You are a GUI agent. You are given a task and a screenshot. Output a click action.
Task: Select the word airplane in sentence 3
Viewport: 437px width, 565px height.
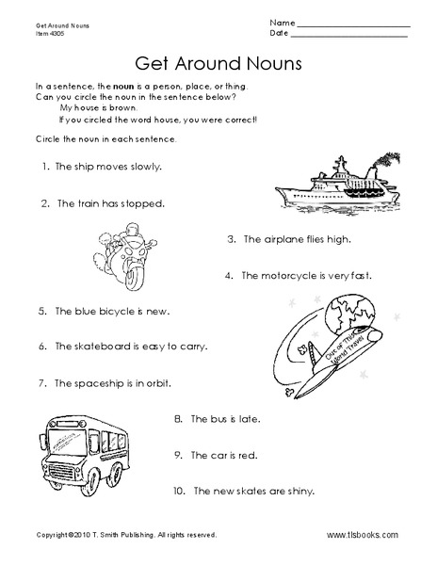coord(283,240)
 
